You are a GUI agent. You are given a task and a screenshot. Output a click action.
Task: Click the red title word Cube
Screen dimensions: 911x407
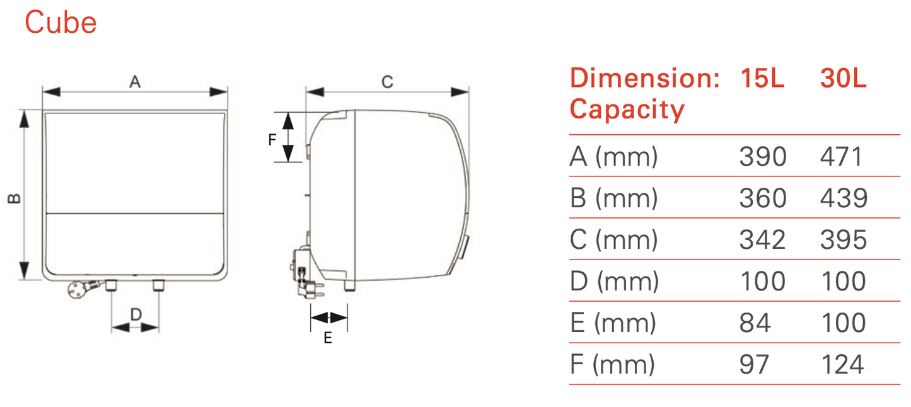coord(61,22)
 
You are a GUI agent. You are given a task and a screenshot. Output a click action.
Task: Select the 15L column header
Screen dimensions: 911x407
coord(762,78)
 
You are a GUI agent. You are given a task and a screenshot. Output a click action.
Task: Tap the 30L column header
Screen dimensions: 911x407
coord(843,78)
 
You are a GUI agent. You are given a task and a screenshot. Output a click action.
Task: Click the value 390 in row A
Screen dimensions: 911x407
coord(763,156)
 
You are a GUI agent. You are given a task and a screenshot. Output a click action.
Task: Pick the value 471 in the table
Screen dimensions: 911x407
coord(841,156)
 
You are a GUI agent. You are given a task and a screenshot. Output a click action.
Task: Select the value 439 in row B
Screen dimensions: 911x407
coord(844,198)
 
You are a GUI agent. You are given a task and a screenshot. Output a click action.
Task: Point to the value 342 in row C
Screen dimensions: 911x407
coord(763,239)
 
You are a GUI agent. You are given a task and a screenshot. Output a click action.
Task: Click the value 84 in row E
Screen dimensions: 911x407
coord(755,323)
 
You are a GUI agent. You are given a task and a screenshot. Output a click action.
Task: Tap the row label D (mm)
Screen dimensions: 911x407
coord(614,282)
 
